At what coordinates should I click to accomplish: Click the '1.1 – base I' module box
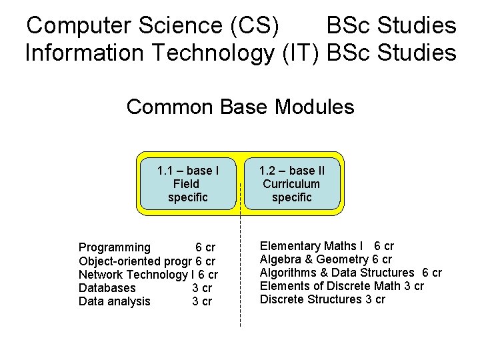[188, 183]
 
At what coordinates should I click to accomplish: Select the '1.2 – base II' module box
[291, 183]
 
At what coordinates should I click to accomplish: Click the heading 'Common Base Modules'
[240, 107]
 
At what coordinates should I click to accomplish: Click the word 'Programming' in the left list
[115, 248]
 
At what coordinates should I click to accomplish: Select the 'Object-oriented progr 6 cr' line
[147, 261]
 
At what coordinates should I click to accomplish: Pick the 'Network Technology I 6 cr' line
[148, 275]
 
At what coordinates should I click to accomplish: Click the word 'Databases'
[107, 288]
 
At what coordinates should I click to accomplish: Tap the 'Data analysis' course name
[115, 301]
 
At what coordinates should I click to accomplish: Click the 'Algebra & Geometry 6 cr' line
[325, 259]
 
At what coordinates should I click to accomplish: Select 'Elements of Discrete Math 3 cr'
[341, 286]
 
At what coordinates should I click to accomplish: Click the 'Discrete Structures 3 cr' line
[322, 299]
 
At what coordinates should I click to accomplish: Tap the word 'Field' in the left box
[185, 184]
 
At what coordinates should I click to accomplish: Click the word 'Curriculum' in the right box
[291, 184]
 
